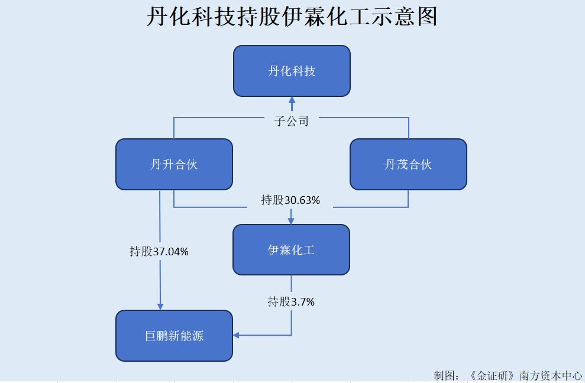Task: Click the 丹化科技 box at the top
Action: tap(292, 71)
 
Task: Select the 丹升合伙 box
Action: tap(174, 164)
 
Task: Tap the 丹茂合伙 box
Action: tap(408, 164)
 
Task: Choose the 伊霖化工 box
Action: tap(291, 249)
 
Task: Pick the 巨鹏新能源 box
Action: tap(174, 336)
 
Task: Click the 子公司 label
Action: tap(292, 121)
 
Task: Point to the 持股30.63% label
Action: tap(290, 200)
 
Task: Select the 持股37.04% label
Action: tap(159, 251)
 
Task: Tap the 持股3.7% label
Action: tap(291, 301)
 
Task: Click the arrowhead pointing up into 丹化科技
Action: tap(292, 99)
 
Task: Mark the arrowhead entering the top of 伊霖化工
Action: tap(291, 221)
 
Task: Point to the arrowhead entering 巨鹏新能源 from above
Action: tap(160, 307)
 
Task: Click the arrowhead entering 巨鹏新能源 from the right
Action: tap(236, 336)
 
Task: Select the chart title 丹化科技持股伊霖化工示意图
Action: tap(292, 17)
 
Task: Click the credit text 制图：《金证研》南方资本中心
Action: tap(508, 375)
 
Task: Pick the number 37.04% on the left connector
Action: tap(171, 251)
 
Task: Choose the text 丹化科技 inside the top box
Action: tap(292, 71)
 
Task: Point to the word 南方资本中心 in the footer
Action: tap(550, 375)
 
